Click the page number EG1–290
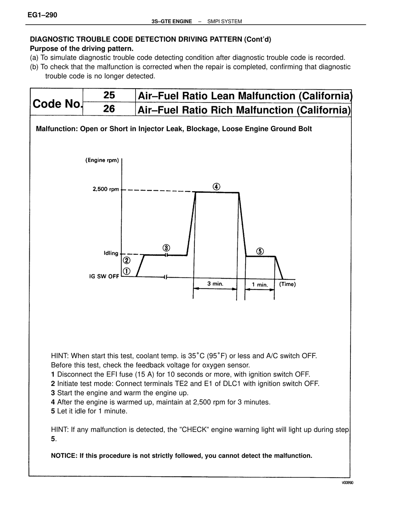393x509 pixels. click(x=42, y=15)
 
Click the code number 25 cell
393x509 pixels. click(x=109, y=95)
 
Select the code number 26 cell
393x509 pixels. click(x=109, y=109)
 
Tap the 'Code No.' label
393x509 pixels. click(x=57, y=104)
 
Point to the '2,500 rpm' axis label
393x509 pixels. click(x=106, y=189)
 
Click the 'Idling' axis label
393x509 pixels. click(x=111, y=253)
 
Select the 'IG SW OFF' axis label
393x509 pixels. click(x=104, y=276)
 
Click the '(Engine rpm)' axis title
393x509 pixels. click(x=102, y=160)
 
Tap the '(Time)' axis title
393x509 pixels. click(x=288, y=284)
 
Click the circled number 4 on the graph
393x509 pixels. click(x=216, y=187)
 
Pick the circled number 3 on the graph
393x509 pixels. click(x=166, y=248)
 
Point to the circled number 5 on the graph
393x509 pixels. click(x=260, y=251)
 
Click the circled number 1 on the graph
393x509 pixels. click(x=126, y=271)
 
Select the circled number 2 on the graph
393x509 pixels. click(x=126, y=260)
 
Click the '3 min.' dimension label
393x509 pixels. click(x=215, y=284)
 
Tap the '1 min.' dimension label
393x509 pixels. click(x=260, y=285)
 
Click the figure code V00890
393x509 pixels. click(x=347, y=483)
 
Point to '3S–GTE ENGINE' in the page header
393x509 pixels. click(x=172, y=22)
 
